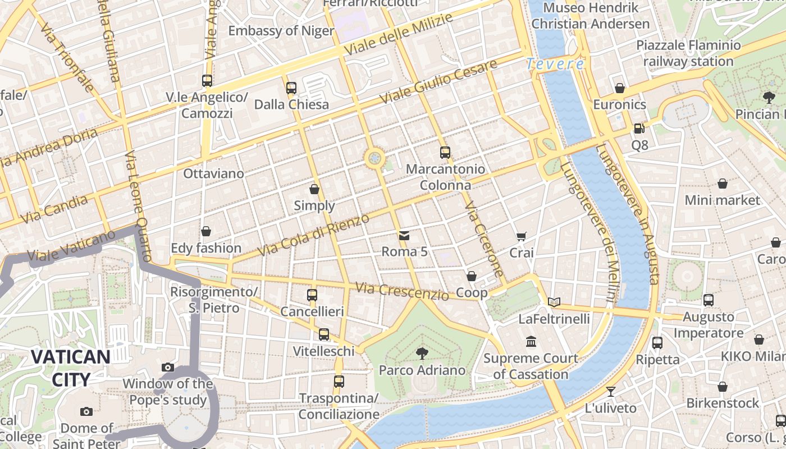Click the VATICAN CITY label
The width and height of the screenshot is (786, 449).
click(x=70, y=368)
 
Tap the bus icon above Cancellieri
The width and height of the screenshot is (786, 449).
click(x=312, y=295)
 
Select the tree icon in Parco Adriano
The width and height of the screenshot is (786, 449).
click(x=422, y=353)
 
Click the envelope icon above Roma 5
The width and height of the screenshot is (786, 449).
click(x=404, y=235)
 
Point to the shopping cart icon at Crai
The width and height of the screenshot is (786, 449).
click(x=522, y=237)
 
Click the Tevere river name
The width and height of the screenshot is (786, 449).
click(x=555, y=64)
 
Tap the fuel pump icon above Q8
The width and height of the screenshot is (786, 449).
click(x=639, y=129)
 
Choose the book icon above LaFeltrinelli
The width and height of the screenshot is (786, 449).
click(x=554, y=303)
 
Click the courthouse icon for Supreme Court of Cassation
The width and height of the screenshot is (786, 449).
click(x=531, y=341)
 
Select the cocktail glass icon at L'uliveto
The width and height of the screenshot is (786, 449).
click(x=611, y=391)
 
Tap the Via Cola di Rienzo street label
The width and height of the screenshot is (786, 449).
click(x=313, y=235)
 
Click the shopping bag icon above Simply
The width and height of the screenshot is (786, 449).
click(x=314, y=189)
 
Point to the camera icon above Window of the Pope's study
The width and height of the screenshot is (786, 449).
click(x=168, y=367)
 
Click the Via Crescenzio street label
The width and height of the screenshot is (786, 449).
click(x=402, y=291)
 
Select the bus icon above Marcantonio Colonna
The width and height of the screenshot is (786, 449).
click(x=445, y=152)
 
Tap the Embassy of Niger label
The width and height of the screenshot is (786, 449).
click(x=281, y=31)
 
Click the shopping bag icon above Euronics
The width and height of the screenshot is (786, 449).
click(x=620, y=88)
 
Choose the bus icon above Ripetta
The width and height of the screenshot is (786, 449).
click(x=657, y=342)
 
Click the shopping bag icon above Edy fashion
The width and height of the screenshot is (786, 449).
click(x=206, y=231)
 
